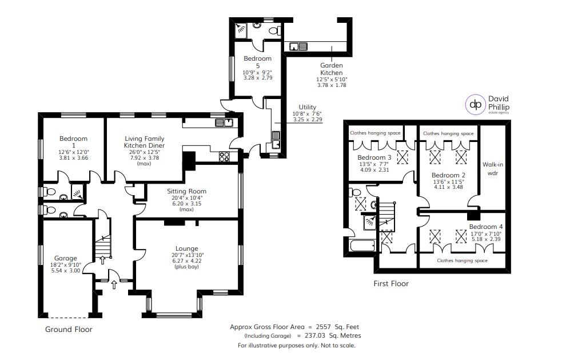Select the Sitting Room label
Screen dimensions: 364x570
click(x=186, y=191)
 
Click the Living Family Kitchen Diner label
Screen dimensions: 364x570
click(x=145, y=142)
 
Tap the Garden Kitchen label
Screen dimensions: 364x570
click(x=331, y=69)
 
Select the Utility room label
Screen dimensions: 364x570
click(x=307, y=107)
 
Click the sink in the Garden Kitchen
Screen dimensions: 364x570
click(x=298, y=46)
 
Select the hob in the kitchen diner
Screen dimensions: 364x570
click(x=225, y=156)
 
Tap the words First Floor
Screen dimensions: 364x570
click(x=391, y=283)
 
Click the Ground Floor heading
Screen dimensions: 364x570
click(x=69, y=329)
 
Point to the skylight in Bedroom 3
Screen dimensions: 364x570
click(x=404, y=156)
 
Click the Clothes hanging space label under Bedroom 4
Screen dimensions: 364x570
click(x=463, y=260)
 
